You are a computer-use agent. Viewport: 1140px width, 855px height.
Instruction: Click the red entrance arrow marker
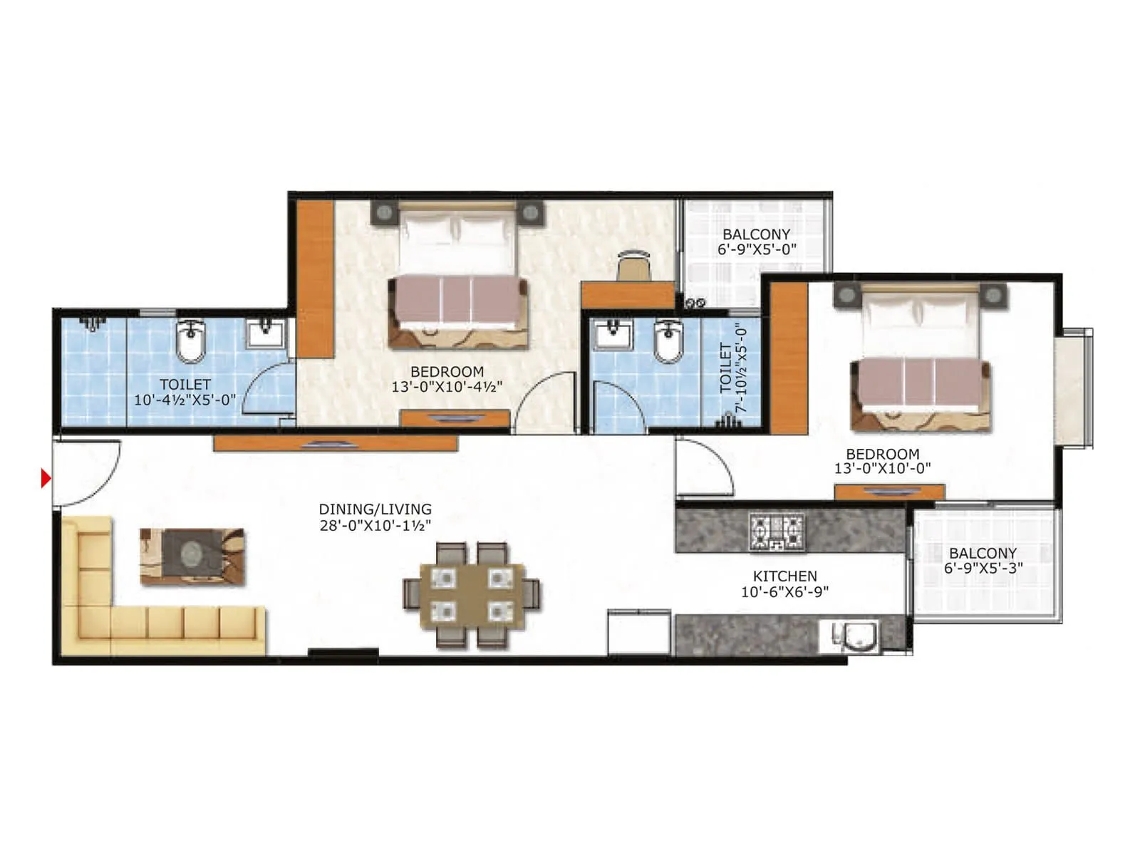click(46, 479)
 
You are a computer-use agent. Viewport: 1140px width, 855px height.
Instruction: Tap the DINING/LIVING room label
click(375, 509)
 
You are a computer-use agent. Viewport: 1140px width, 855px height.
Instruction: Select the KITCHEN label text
click(784, 576)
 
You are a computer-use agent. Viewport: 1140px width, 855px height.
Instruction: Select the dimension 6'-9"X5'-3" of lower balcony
click(983, 569)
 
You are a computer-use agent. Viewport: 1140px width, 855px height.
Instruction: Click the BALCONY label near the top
click(756, 234)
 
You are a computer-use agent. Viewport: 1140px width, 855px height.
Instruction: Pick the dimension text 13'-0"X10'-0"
click(882, 469)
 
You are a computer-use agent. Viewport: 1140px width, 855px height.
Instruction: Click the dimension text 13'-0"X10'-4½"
click(447, 387)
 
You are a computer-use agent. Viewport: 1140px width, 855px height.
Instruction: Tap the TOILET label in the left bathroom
click(185, 385)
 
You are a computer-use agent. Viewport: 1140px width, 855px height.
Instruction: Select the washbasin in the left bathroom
click(265, 333)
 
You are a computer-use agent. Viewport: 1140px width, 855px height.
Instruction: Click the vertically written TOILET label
click(725, 368)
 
